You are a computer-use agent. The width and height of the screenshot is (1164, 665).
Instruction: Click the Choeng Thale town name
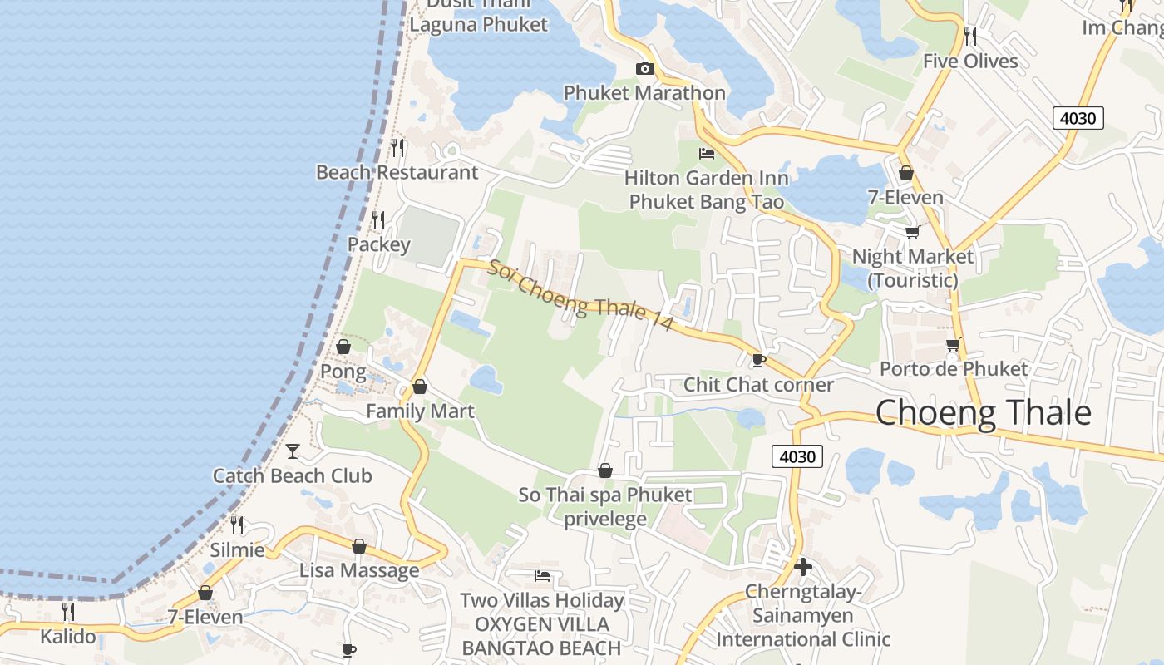(983, 413)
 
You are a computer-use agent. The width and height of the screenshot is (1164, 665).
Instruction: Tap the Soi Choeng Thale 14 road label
(580, 297)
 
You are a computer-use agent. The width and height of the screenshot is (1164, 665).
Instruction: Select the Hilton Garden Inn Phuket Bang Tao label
(706, 190)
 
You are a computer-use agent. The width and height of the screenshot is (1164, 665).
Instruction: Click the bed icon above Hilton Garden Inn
(706, 154)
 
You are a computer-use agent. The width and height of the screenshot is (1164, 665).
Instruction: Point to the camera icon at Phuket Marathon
(644, 69)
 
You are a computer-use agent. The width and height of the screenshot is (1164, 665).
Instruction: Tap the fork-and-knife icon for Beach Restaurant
(397, 148)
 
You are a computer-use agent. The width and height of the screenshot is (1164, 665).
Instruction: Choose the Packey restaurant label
(378, 244)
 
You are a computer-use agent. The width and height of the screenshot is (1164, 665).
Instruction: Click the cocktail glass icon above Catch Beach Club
(293, 451)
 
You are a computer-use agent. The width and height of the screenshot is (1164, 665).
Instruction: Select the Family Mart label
(420, 411)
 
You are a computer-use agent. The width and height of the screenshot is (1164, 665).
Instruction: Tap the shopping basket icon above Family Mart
(420, 387)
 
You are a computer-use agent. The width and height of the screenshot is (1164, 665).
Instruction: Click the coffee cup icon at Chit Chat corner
(757, 360)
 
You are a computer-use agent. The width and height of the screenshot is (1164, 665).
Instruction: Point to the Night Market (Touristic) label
(912, 268)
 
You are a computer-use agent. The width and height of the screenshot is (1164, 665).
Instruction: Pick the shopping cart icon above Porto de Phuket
(953, 344)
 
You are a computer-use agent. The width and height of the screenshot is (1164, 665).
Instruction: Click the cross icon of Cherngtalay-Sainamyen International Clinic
(803, 568)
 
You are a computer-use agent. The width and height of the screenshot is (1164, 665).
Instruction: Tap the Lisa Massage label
(359, 570)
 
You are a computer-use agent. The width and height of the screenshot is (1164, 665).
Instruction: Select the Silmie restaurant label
(237, 550)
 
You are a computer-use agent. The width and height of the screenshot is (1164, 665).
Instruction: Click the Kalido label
(68, 637)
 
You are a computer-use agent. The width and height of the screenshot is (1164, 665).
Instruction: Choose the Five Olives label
(969, 62)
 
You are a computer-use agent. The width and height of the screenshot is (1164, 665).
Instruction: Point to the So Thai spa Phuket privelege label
(605, 507)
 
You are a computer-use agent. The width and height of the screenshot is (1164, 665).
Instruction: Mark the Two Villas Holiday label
(541, 600)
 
